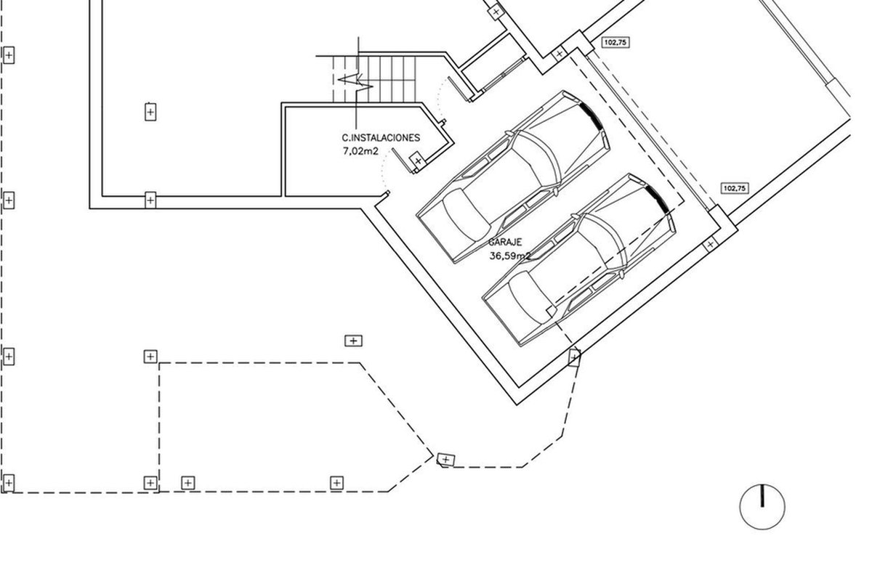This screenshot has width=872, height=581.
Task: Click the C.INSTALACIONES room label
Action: coord(381,138)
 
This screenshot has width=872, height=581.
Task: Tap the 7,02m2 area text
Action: coord(360,151)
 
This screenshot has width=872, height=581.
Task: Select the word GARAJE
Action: coord(505,242)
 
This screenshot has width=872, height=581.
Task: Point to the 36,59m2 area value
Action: coord(510,256)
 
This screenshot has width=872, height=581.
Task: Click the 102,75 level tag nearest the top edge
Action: coord(616,42)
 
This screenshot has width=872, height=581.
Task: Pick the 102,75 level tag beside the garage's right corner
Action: coord(735,188)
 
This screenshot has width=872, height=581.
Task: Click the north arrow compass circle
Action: coord(762,507)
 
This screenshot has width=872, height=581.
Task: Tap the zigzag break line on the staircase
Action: coord(356,82)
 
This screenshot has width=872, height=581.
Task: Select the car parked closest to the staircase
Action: coord(513,177)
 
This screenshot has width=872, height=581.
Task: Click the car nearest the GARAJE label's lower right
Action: coord(579,260)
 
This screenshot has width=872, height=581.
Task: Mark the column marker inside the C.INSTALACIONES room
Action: coord(418,161)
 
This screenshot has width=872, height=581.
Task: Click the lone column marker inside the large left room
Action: coord(150,112)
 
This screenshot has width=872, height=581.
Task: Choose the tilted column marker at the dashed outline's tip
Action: coord(445,460)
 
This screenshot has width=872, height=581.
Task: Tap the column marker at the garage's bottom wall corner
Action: coord(575,357)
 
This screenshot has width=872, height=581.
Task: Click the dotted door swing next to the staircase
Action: coord(440,99)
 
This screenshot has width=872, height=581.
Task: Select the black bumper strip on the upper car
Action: coord(592,115)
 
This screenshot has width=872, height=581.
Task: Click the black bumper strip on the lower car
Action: coord(658,199)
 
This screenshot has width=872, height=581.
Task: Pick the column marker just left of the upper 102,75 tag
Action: coord(559,54)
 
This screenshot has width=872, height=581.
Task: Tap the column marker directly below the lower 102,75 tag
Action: coord(710,245)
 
